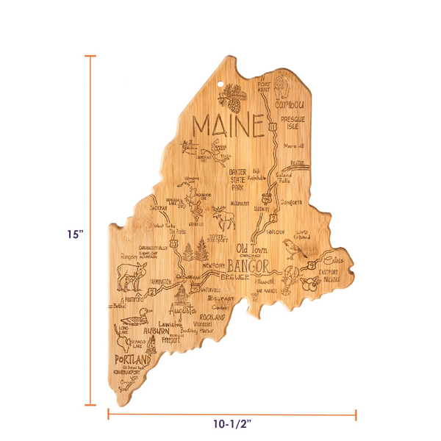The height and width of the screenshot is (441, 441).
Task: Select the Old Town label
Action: [x=251, y=248]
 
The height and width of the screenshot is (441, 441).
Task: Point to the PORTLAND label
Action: [x=129, y=361]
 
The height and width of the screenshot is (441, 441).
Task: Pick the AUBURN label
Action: [x=155, y=331]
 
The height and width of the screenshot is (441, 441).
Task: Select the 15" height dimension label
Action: [x=74, y=234]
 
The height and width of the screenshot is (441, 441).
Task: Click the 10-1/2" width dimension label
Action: [x=233, y=424]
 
